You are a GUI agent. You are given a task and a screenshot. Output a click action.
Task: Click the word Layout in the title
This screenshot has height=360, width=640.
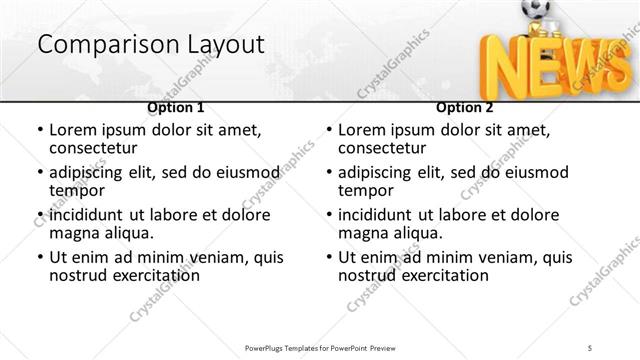point(223,45)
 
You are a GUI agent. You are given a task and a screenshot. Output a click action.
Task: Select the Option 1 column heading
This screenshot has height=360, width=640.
point(176,107)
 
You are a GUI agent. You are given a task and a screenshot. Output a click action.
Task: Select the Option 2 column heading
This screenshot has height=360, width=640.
point(464,107)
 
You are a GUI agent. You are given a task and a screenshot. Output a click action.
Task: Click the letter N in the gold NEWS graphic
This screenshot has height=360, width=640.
point(504,68)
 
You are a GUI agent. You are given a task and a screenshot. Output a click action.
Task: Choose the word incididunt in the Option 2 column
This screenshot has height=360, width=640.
point(382,215)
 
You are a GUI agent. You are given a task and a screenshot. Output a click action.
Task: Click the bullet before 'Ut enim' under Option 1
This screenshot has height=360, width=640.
point(40,258)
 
